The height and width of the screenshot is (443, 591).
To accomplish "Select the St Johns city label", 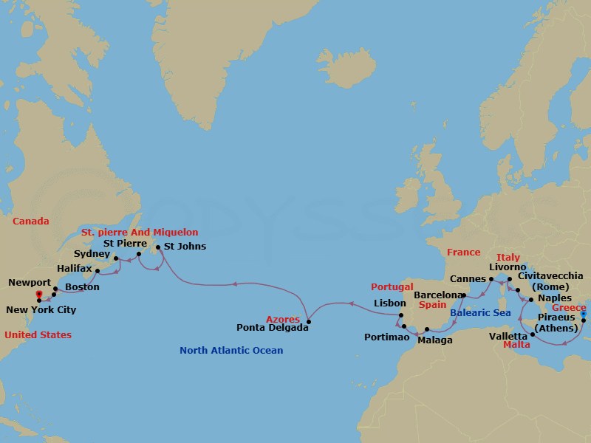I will pyautogui.click(x=185, y=246).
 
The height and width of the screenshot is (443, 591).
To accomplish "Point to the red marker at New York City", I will pyautogui.click(x=38, y=295).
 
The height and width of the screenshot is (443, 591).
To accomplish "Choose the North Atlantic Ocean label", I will pyautogui.click(x=231, y=350).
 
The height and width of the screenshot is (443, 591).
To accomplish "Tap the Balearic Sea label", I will pyautogui.click(x=481, y=313).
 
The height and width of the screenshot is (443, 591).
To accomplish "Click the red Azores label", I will pyautogui.click(x=283, y=319).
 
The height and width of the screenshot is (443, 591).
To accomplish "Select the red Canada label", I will pyautogui.click(x=31, y=221).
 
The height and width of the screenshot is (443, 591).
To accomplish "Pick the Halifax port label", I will pyautogui.click(x=74, y=270).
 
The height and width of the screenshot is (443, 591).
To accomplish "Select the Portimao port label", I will pyautogui.click(x=386, y=337).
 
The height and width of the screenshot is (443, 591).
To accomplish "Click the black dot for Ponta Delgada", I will pyautogui.click(x=308, y=321).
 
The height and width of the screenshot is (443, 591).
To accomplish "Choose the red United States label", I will pyautogui.click(x=38, y=334).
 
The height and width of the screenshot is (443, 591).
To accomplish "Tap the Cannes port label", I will pyautogui.click(x=467, y=279).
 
